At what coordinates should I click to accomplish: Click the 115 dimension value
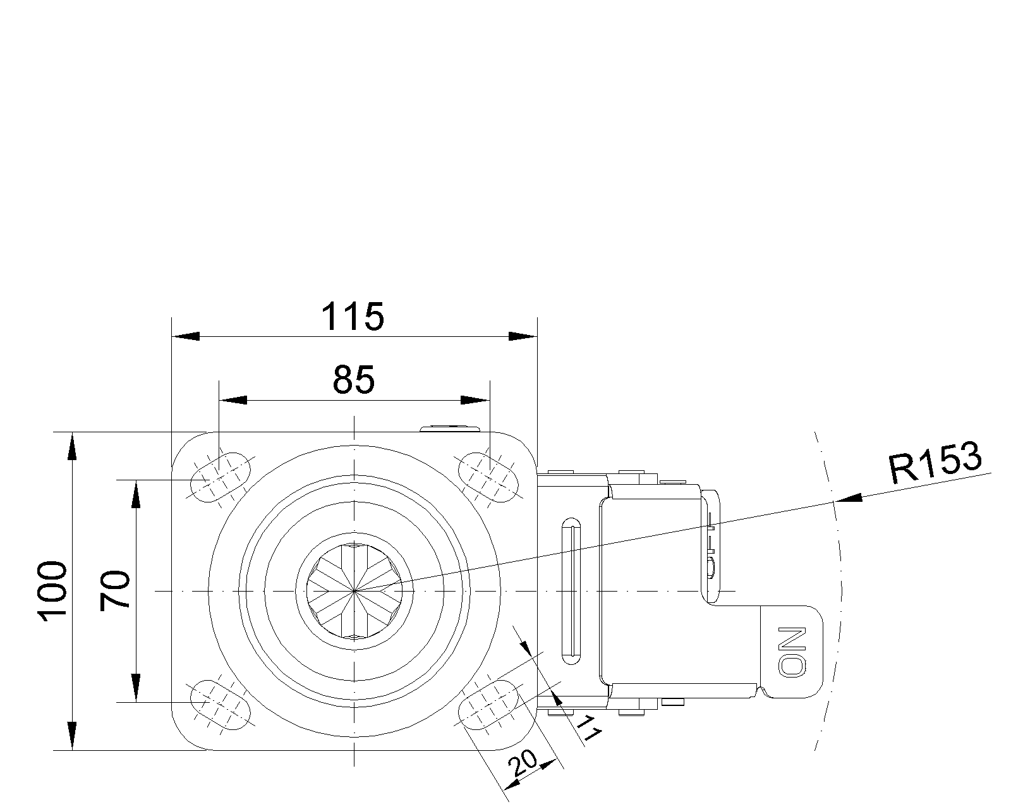click(353, 317)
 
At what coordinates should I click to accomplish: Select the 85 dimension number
click(354, 380)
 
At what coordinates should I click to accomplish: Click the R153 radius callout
click(935, 463)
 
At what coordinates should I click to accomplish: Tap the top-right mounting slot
click(488, 478)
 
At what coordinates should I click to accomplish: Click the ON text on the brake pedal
click(793, 652)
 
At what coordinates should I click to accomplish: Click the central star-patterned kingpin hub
click(354, 590)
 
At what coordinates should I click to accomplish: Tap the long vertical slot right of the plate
click(571, 592)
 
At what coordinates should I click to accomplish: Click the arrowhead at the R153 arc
click(849, 498)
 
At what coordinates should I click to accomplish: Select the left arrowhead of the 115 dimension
click(186, 337)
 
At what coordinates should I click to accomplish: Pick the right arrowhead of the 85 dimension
click(475, 400)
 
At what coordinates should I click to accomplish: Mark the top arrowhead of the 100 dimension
click(72, 446)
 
